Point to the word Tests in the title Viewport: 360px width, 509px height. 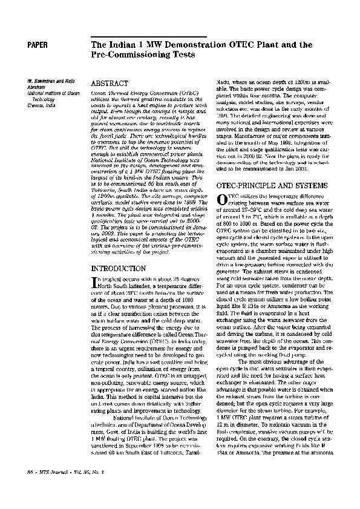tap(185, 55)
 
